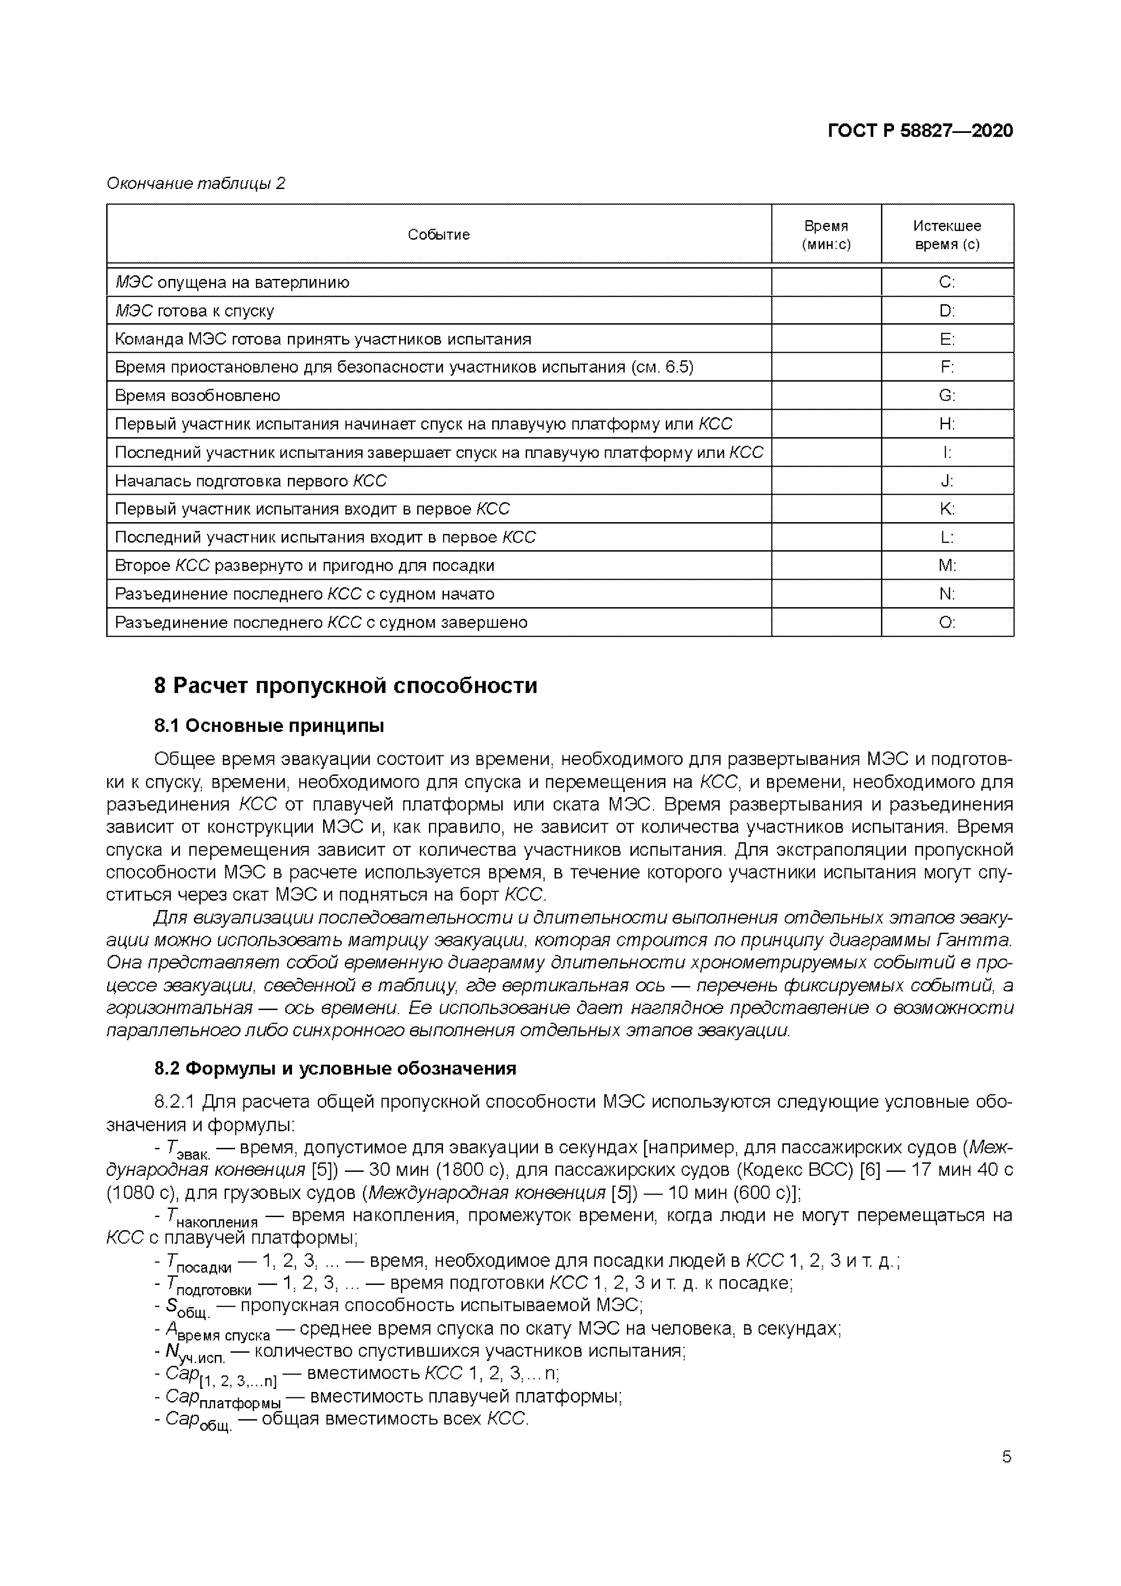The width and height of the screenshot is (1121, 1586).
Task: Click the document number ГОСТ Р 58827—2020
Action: [x=919, y=131]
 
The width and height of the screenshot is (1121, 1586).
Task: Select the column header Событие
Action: [x=438, y=235]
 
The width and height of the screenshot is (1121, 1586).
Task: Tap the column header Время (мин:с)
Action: [x=826, y=235]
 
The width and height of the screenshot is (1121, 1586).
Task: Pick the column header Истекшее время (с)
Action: [x=947, y=235]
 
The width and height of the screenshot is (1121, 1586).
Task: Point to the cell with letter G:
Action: [x=947, y=396]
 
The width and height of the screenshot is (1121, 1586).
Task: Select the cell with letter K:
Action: [x=947, y=509]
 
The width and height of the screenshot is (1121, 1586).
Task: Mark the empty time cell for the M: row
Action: [x=826, y=566]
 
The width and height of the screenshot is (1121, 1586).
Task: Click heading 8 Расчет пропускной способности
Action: [x=345, y=686]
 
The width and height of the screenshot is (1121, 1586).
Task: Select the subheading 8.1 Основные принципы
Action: [x=268, y=726]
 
